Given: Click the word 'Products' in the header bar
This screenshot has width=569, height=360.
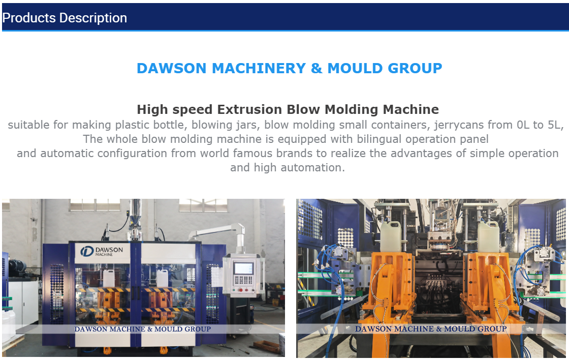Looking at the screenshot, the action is point(29,18).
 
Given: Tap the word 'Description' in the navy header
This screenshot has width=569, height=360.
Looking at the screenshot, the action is point(93,18).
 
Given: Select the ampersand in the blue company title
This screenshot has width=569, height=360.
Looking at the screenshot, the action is point(317,68).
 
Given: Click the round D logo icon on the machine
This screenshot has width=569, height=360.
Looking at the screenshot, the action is point(87,251).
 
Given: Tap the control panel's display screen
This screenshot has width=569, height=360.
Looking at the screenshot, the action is point(243,268).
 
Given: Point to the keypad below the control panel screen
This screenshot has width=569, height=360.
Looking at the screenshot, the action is point(243,280).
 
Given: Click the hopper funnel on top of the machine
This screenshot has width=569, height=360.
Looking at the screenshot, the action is point(135,220).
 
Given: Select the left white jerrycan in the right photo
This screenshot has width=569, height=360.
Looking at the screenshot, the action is point(391,236).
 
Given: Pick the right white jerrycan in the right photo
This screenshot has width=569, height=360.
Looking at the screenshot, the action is point(488,236).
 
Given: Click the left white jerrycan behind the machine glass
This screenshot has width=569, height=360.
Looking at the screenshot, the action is point(109,278).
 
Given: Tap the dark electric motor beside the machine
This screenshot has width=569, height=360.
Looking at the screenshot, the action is point(16,268).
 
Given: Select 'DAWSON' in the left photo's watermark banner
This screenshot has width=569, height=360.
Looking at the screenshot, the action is point(91,329).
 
